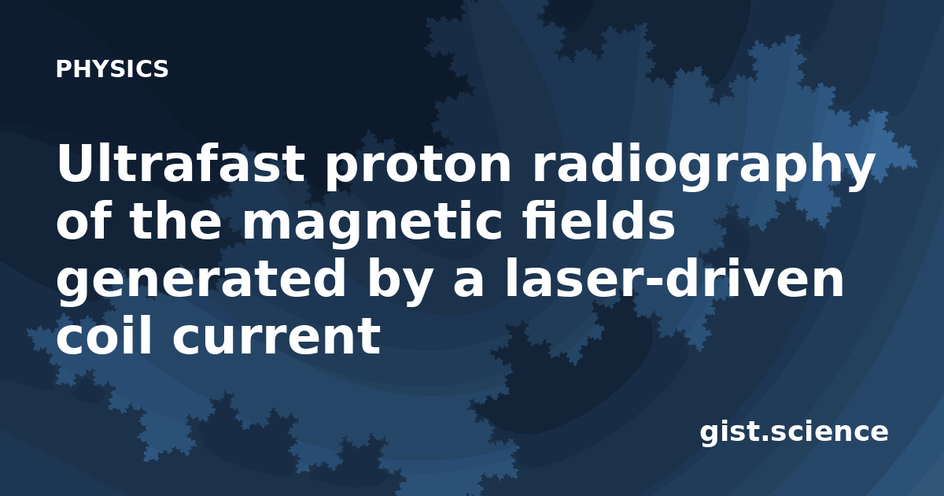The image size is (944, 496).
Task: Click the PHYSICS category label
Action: point(112,68)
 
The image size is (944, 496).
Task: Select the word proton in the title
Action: point(418,167)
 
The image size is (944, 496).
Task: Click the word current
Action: point(276,337)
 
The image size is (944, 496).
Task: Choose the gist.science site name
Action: point(794,432)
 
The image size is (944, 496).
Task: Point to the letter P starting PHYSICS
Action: point(63,68)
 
